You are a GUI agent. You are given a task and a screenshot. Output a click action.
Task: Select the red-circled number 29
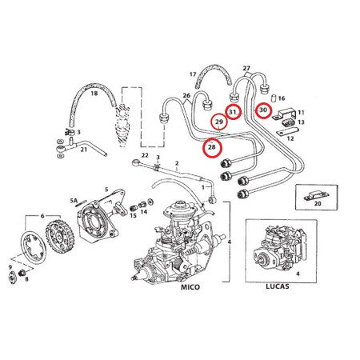coord(218,122)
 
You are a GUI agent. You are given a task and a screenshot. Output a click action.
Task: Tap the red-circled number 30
coord(263,109)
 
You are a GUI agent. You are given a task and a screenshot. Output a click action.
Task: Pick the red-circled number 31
coord(233,112)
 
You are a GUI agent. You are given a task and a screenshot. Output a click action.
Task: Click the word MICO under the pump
coord(190,286)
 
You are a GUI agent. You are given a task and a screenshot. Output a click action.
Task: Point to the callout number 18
coord(94,94)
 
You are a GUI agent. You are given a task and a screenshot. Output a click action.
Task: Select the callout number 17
coord(193,74)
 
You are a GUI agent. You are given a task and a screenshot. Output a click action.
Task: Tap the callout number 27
coord(246,68)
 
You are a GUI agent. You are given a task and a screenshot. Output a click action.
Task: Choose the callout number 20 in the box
coord(318,204)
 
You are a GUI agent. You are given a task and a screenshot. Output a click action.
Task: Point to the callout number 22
coord(145,155)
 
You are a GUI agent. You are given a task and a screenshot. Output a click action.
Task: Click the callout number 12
coord(290,138)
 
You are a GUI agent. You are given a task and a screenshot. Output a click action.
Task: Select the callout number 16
coord(282,98)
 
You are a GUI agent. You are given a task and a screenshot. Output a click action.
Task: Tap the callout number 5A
coord(73,198)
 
